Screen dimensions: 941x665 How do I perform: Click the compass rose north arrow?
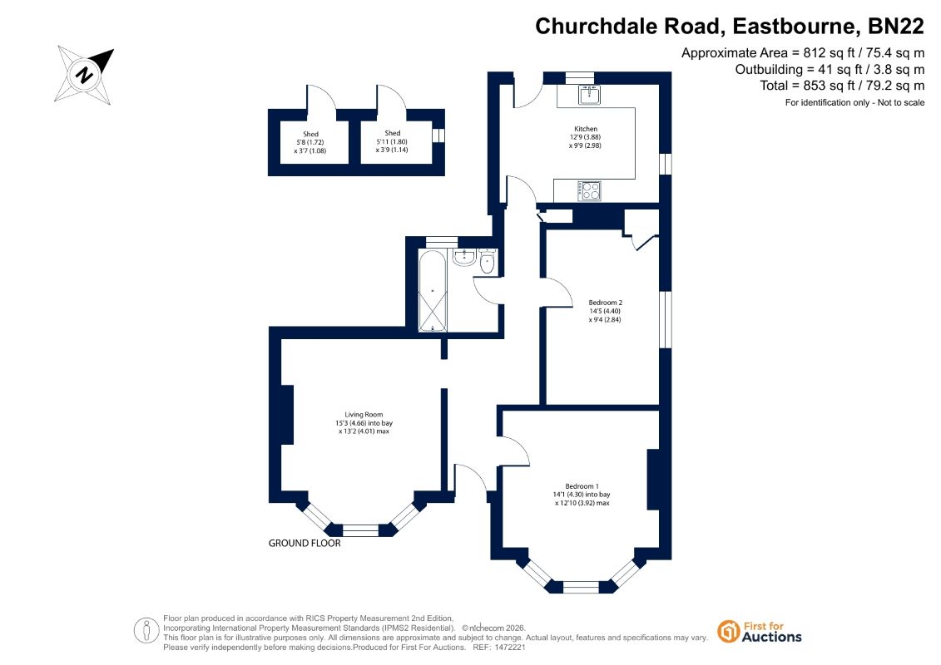click(85, 75)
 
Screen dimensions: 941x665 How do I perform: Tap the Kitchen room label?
click(586, 129)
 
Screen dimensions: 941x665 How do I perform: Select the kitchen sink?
click(589, 95)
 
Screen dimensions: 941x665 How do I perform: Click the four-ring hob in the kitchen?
click(589, 191)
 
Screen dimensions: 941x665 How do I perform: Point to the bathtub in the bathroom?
click(432, 291)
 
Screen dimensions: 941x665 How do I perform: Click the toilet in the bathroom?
click(487, 262)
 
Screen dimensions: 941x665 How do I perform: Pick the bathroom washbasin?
click(464, 258)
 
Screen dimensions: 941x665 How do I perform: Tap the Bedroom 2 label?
click(605, 303)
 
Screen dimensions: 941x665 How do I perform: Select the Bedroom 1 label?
click(582, 486)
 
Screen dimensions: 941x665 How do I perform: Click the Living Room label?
click(364, 414)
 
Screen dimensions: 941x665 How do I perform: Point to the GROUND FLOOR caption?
click(305, 544)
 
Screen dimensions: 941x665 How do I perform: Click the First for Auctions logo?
click(759, 632)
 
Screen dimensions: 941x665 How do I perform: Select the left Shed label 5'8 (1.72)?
click(310, 143)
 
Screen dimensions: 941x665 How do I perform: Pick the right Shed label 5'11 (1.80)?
click(392, 142)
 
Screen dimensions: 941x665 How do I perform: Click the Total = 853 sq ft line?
click(842, 86)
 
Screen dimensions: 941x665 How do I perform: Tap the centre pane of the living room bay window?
click(360, 530)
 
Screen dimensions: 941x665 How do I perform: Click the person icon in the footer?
click(146, 632)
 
